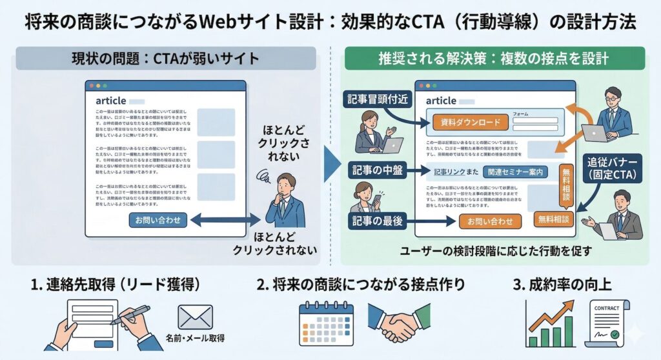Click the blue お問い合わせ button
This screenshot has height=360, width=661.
[x=158, y=221]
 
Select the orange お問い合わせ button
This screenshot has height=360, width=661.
[x=489, y=221]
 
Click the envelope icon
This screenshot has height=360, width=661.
[x=195, y=317]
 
